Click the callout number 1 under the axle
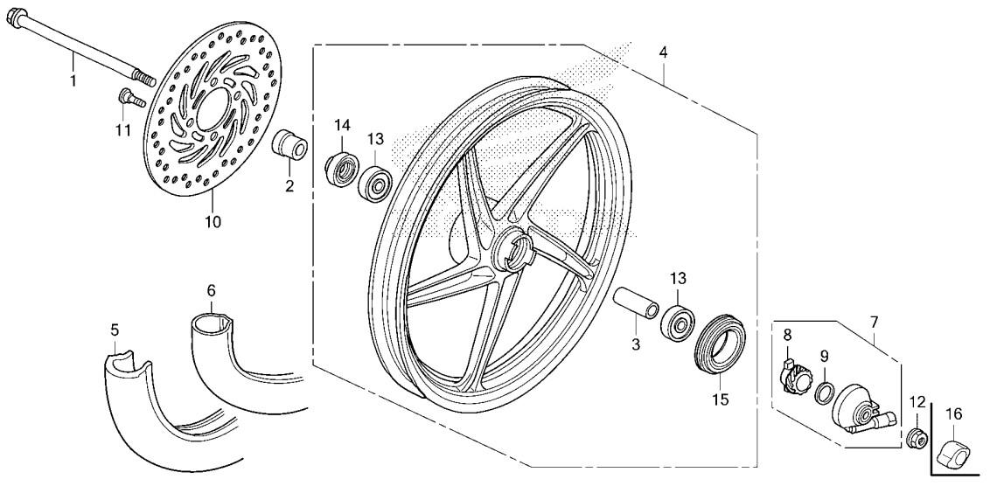pyautogui.click(x=73, y=80)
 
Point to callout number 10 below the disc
pyautogui.click(x=213, y=222)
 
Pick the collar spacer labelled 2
pyautogui.click(x=289, y=145)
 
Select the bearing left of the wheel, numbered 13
pyautogui.click(x=375, y=182)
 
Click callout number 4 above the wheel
pyautogui.click(x=663, y=52)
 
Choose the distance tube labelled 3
pyautogui.click(x=636, y=306)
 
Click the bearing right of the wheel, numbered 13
pyautogui.click(x=678, y=323)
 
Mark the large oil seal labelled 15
pyautogui.click(x=721, y=344)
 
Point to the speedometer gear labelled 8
pyautogui.click(x=796, y=376)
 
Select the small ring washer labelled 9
pyautogui.click(x=823, y=392)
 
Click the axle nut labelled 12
pyautogui.click(x=917, y=437)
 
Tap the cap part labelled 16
pyautogui.click(x=952, y=452)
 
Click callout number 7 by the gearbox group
pyautogui.click(x=874, y=323)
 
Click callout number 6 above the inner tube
pyautogui.click(x=211, y=290)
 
